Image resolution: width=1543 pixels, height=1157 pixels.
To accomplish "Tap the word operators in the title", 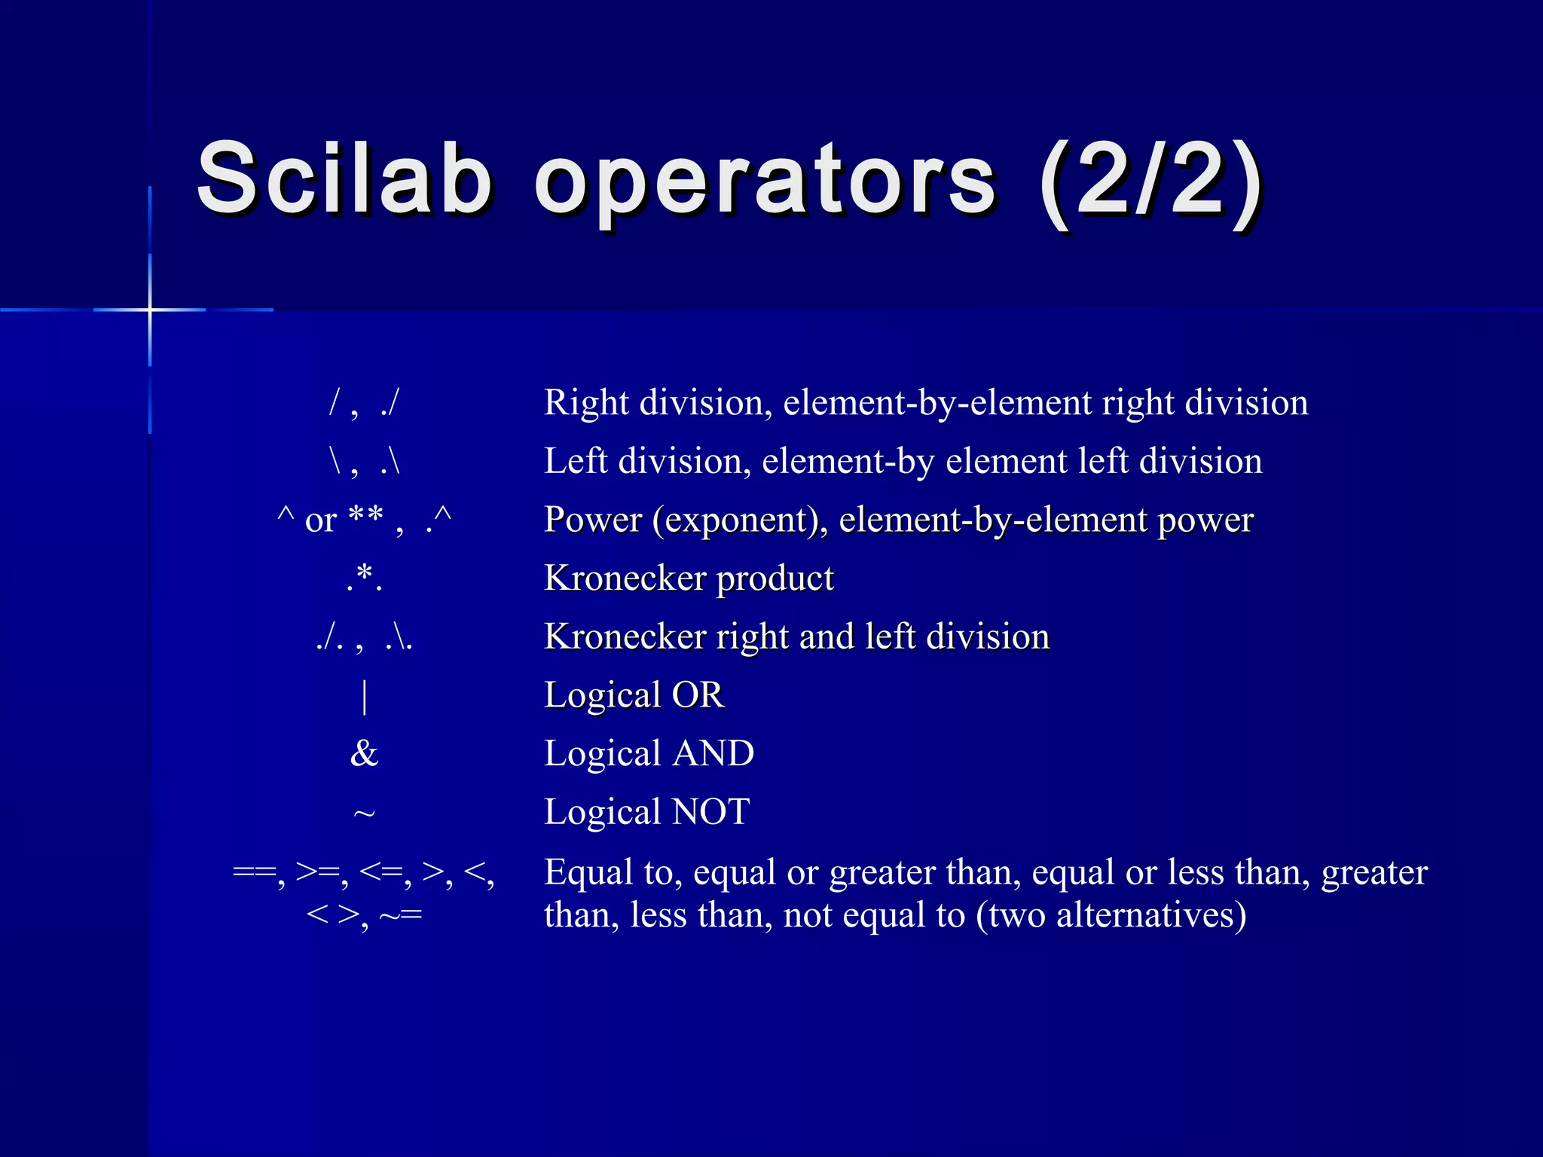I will click(x=765, y=185).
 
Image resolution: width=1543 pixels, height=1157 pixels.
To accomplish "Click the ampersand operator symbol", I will click(x=364, y=753).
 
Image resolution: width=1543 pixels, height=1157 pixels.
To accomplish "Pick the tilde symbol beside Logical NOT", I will click(x=364, y=814).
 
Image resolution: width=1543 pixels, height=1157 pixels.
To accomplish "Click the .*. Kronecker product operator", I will click(x=365, y=578).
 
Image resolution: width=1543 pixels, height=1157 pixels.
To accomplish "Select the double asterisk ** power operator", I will click(x=366, y=518).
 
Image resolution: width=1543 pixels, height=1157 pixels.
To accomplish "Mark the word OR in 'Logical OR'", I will click(x=698, y=695).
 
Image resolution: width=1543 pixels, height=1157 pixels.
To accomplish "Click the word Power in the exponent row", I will click(x=593, y=520).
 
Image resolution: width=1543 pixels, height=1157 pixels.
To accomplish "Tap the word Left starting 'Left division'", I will click(x=576, y=461).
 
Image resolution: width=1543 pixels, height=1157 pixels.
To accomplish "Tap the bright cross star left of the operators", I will click(x=150, y=310).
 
